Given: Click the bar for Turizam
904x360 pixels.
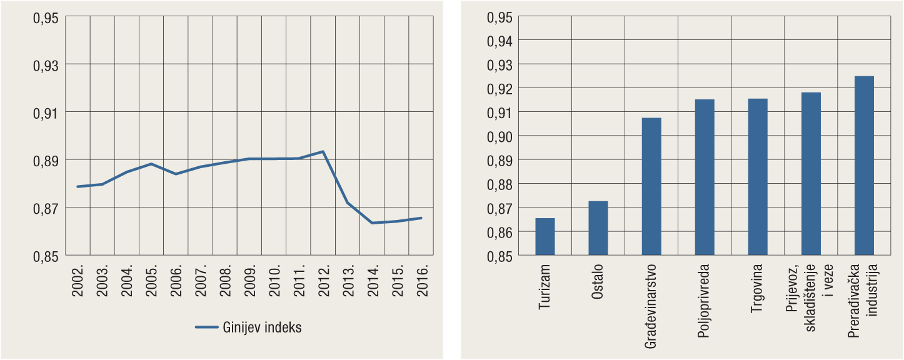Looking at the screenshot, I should tap(545, 237).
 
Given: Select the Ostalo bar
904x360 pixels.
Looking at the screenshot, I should tap(598, 228).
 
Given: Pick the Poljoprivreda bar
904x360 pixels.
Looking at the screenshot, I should tap(705, 177).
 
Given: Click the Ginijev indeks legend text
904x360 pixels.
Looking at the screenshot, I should tap(261, 327).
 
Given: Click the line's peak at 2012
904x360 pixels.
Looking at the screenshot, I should tap(323, 151).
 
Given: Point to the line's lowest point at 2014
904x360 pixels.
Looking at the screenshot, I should tap(372, 222).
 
